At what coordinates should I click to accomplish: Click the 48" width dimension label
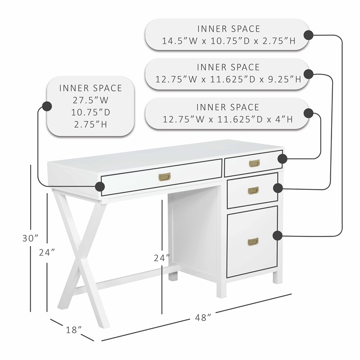click(203, 317)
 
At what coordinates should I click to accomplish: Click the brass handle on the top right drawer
click(254, 163)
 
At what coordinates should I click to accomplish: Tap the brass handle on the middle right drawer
click(253, 191)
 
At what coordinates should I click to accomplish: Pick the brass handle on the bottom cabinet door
click(253, 242)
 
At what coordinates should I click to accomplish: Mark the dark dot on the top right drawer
click(283, 158)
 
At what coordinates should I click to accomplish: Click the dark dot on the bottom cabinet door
click(277, 235)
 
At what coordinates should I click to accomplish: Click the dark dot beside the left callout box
click(46, 106)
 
